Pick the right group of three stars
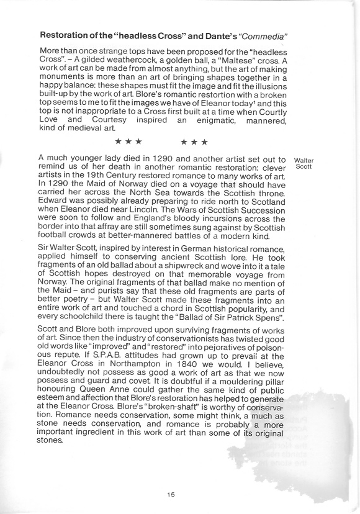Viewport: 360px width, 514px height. point(194,142)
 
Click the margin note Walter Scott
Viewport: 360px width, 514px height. point(305,165)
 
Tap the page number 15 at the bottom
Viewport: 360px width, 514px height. point(172,494)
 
